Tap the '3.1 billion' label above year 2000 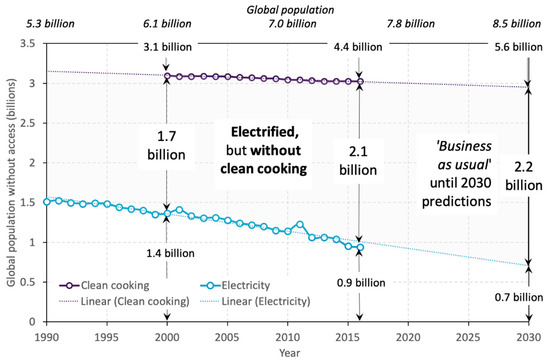(168, 45)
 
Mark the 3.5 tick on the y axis (29, 45)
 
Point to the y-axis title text (11, 180)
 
